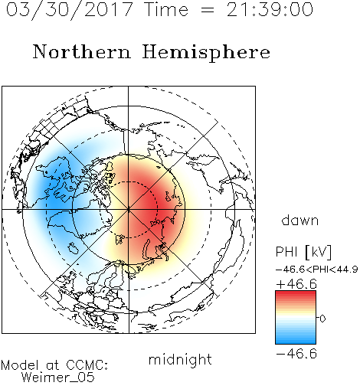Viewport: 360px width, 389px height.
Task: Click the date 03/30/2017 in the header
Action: click(70, 10)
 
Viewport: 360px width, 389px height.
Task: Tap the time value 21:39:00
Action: click(270, 10)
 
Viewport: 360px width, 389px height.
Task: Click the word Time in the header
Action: click(166, 10)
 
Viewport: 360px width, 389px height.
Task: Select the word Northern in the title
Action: click(82, 51)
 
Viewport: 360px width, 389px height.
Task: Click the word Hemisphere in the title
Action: click(206, 53)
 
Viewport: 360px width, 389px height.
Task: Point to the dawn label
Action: click(300, 220)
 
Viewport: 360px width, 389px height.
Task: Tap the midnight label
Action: click(180, 359)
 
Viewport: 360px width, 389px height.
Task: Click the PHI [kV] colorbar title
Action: click(303, 252)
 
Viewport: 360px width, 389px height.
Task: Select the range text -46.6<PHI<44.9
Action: click(316, 270)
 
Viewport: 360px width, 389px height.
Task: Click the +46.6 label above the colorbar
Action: click(296, 284)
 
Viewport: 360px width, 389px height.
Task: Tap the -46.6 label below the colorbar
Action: click(296, 354)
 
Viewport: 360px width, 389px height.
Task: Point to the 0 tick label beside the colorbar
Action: click(322, 319)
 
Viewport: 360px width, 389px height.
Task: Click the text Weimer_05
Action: click(58, 377)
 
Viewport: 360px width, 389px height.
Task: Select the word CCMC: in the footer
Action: click(87, 365)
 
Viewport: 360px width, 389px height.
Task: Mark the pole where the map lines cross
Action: click(129, 210)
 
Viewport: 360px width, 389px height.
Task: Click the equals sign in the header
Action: click(208, 10)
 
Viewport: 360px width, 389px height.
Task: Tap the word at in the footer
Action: click(52, 365)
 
